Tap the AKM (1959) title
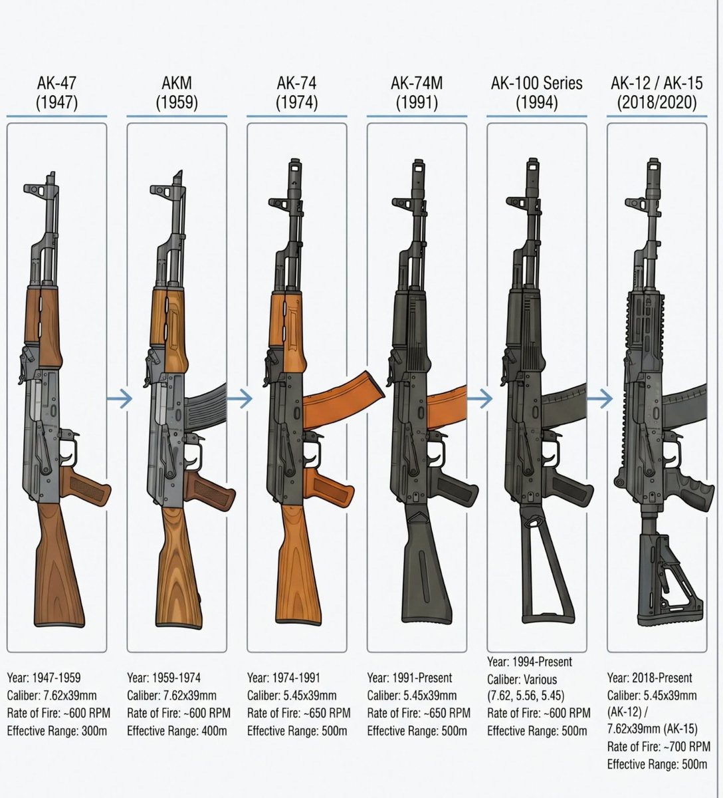pyautogui.click(x=177, y=93)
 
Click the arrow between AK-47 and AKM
pyautogui.click(x=120, y=399)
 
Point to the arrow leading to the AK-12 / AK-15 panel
pyautogui.click(x=600, y=399)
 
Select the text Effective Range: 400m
pyautogui.click(x=177, y=731)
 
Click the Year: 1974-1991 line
pyautogui.click(x=284, y=678)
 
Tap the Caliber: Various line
pyautogui.click(x=522, y=679)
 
